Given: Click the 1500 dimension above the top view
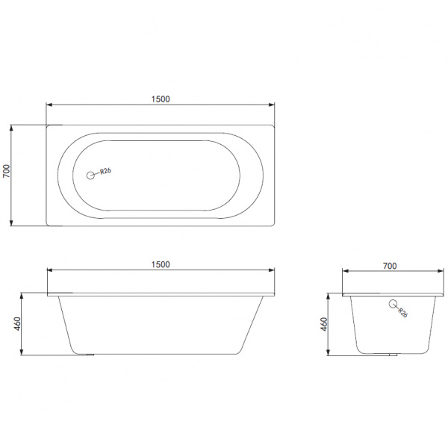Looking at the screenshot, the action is pos(161,99).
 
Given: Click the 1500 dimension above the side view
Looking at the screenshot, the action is pos(161,264).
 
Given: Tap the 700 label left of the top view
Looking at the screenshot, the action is pos(6,171).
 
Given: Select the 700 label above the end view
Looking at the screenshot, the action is pos(390,266).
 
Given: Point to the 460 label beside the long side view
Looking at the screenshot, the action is pos(18,324).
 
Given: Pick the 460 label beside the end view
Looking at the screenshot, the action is pos(324,324).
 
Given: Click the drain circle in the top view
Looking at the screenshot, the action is pos(90,175).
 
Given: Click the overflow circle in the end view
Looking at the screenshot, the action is pos(393,304).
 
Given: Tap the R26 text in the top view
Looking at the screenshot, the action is pos(105,171).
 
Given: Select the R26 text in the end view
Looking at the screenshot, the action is pos(402,313).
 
